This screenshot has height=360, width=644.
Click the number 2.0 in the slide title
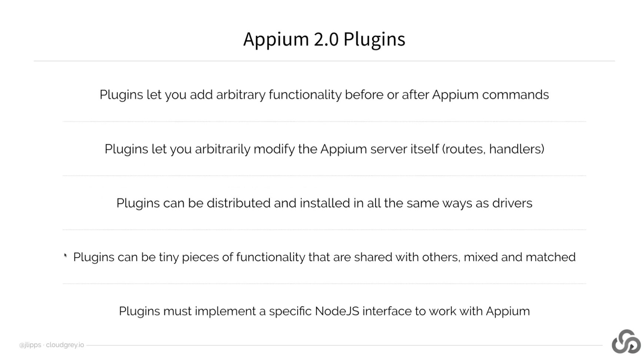pyautogui.click(x=326, y=39)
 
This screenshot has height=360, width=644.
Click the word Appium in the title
pyautogui.click(x=276, y=39)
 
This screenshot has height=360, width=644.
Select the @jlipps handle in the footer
pyautogui.click(x=30, y=345)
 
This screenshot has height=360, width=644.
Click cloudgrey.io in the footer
pyautogui.click(x=65, y=345)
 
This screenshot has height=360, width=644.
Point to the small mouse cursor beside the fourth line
pyautogui.click(x=66, y=255)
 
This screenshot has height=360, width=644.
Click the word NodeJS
pyautogui.click(x=337, y=311)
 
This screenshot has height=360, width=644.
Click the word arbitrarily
pyautogui.click(x=222, y=149)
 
